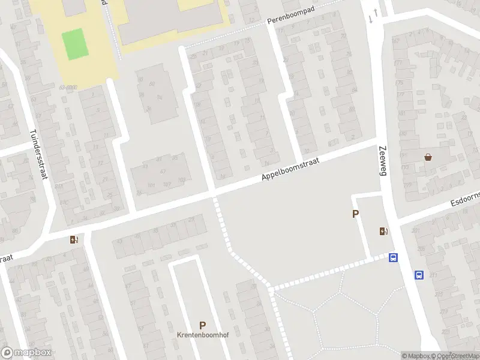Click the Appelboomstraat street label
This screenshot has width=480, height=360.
(x=292, y=169)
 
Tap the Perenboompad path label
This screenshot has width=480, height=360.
(x=292, y=19)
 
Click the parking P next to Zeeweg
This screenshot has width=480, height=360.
(x=355, y=214)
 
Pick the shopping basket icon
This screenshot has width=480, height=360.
(x=428, y=158)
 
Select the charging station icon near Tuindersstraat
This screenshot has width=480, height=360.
(x=74, y=239)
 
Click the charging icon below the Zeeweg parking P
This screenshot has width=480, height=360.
(x=383, y=231)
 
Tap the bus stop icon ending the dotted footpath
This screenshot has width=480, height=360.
(x=393, y=257)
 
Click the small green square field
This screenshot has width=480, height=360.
(x=74, y=44)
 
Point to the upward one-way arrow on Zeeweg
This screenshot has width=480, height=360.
(x=376, y=12)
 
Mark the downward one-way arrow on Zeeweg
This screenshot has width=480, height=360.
(x=370, y=19)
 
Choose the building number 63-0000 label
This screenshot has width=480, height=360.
(x=68, y=88)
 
